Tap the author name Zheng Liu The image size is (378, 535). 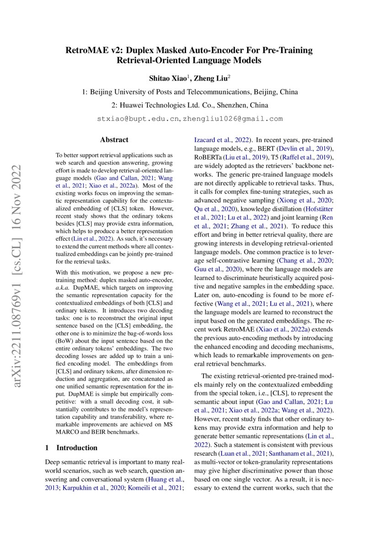pos(211,78)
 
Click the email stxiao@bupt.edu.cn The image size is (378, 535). pos(138,119)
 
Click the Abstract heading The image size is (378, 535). pos(114,140)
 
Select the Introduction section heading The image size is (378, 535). pos(76,448)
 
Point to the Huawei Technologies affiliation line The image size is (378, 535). pos(189,105)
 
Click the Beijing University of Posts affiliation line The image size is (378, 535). pos(189,92)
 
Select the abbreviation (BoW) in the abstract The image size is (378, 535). pos(64,328)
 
